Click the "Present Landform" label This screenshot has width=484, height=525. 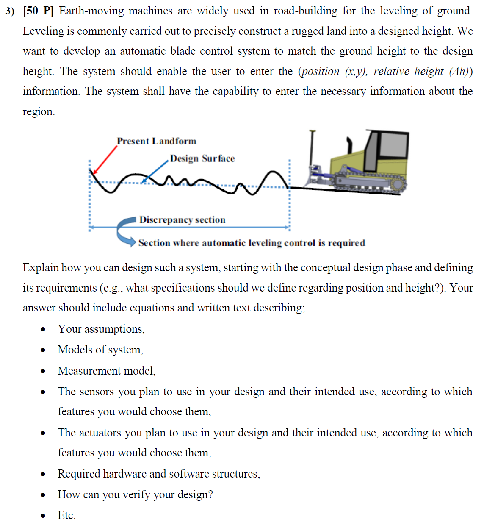(157, 141)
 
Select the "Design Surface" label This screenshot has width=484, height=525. (202, 158)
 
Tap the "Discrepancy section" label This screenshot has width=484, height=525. (182, 219)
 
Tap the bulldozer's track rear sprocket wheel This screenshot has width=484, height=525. (398, 184)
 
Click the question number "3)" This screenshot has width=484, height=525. (10, 11)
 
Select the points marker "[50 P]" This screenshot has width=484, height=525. (39, 11)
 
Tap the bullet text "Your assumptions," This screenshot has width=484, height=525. (101, 329)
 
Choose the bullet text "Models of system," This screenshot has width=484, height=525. (100, 350)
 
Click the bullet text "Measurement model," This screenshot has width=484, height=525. (106, 371)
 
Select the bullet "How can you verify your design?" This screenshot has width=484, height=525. (135, 494)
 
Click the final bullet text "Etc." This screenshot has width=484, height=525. (66, 515)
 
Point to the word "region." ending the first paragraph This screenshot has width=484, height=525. (39, 112)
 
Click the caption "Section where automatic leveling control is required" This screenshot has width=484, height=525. (252, 243)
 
